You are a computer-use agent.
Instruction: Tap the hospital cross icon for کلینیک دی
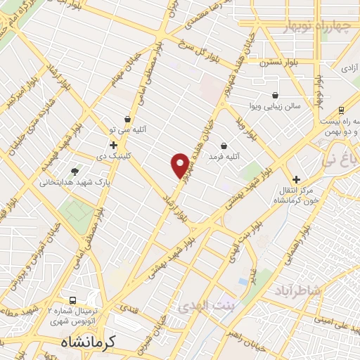[x=112, y=145]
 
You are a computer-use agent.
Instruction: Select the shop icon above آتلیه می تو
[x=127, y=119]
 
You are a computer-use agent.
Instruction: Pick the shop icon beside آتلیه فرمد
[x=224, y=146]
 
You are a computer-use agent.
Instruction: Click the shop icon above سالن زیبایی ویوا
[x=275, y=94]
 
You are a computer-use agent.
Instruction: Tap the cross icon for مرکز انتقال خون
[x=296, y=179]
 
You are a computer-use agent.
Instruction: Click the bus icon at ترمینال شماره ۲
[x=69, y=299]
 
